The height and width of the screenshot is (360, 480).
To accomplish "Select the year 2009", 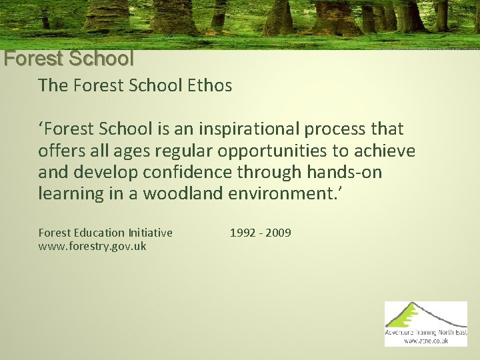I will coord(278,233).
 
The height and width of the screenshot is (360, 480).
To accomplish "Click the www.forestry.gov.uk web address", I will coord(93,247).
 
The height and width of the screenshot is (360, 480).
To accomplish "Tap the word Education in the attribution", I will coord(98,233).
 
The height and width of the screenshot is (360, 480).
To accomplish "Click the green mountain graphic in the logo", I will coord(417,315).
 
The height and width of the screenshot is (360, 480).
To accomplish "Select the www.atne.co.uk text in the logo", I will coord(426,341).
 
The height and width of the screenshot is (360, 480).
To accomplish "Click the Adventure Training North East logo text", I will coord(426,332).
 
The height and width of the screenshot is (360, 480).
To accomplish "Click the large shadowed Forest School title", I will coord(69,59).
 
